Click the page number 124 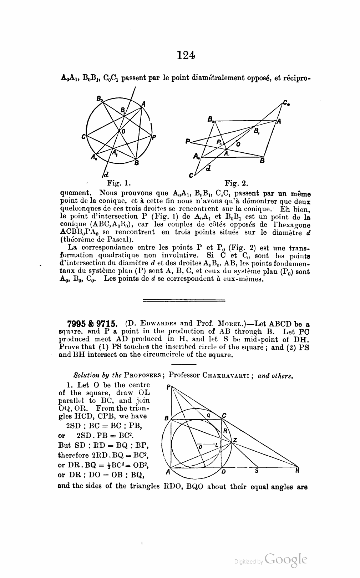click(x=186, y=55)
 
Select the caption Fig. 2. click(x=236, y=184)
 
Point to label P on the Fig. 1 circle click(x=154, y=137)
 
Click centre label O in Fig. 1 click(x=123, y=132)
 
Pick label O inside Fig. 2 click(x=238, y=144)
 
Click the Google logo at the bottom click(x=286, y=560)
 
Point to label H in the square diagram click(x=297, y=471)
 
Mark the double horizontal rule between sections click(x=184, y=301)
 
